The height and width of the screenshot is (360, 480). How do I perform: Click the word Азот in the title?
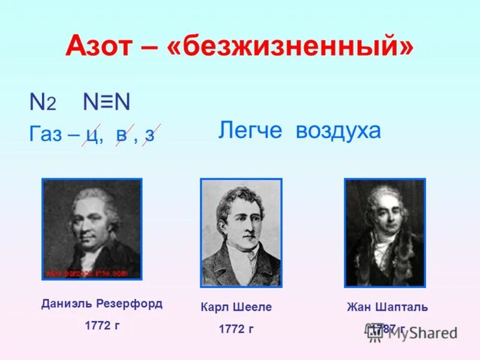pyautogui.click(x=102, y=46)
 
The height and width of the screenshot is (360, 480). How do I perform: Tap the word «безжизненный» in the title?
pyautogui.click(x=293, y=46)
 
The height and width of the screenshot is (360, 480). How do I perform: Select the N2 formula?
pyautogui.click(x=43, y=103)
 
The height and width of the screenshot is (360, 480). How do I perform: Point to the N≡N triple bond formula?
pyautogui.click(x=106, y=103)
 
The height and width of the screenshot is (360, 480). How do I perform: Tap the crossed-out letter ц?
pyautogui.click(x=93, y=134)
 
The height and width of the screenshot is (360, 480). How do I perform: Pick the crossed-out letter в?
pyautogui.click(x=121, y=134)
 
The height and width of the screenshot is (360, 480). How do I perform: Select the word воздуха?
pyautogui.click(x=338, y=130)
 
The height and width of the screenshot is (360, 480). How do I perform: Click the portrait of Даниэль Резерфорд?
pyautogui.click(x=92, y=229)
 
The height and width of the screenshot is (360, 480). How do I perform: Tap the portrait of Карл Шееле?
pyautogui.click(x=241, y=232)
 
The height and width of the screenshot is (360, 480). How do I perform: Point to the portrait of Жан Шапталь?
pyautogui.click(x=385, y=232)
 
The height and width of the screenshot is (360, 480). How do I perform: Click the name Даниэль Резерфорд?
pyautogui.click(x=102, y=304)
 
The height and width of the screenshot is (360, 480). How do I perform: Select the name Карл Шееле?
pyautogui.click(x=236, y=307)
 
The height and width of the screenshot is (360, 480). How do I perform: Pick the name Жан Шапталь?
pyautogui.click(x=387, y=307)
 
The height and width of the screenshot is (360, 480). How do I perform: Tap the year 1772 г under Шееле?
pyautogui.click(x=236, y=329)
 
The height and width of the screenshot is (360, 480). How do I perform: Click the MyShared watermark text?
pyautogui.click(x=420, y=333)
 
